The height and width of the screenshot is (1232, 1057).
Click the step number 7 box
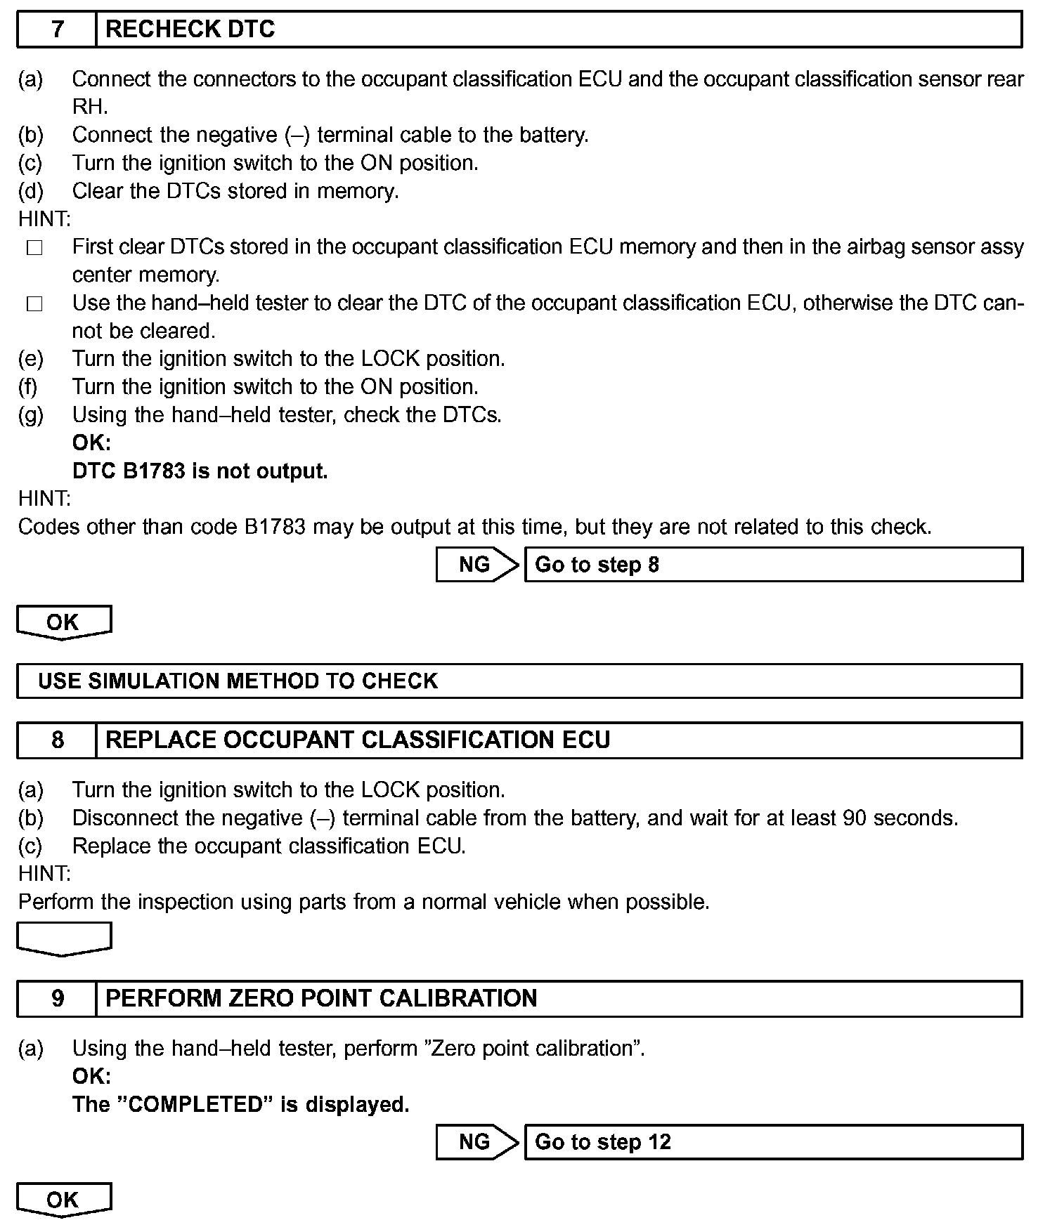pos(57,30)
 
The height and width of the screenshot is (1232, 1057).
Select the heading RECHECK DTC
pos(190,30)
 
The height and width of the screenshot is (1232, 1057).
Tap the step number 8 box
pos(57,740)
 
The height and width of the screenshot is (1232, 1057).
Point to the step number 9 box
pos(57,999)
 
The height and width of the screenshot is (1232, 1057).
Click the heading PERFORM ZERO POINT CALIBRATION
pos(321,999)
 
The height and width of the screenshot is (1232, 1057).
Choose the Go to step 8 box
pos(773,565)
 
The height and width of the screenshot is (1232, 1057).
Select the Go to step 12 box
pos(773,1142)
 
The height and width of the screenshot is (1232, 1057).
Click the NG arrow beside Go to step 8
pos(476,565)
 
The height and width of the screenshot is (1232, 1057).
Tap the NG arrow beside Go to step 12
pos(476,1142)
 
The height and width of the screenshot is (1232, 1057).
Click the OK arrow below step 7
pos(63,622)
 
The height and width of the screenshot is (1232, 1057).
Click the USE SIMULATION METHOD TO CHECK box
pos(519,681)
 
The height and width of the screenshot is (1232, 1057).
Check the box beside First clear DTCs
pos(34,248)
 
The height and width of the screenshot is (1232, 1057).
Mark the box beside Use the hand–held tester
pos(34,304)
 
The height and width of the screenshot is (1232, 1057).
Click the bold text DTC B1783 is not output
pos(200,471)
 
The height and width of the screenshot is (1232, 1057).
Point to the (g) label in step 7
pos(30,415)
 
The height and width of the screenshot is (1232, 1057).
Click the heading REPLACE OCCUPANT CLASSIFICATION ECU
pos(358,740)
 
